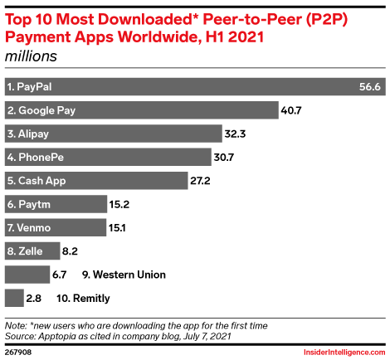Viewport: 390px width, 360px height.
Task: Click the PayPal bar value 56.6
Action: coord(369,86)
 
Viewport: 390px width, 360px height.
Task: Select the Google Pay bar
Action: coord(141,109)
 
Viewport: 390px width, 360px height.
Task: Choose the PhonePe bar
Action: coord(108,157)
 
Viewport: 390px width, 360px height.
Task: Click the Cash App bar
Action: coord(95,180)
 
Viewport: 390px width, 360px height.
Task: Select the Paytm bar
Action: coord(56,203)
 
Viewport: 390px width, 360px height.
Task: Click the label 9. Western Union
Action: coord(124,274)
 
